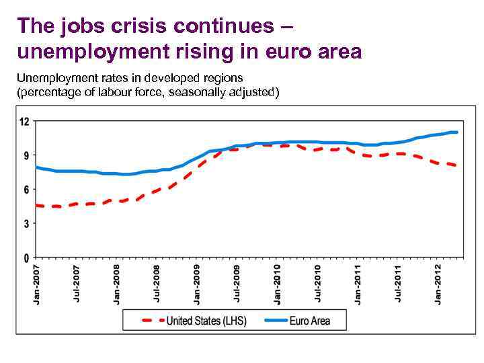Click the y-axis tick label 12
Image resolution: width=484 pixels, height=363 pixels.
coord(25,122)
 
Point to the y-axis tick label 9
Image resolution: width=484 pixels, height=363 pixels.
coord(26,155)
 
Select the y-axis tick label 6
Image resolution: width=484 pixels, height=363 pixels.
coord(26,190)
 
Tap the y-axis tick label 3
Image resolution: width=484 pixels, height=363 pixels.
coord(26,224)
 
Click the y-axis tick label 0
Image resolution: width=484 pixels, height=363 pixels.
coord(26,258)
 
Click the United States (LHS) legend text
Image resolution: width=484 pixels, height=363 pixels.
coord(206,320)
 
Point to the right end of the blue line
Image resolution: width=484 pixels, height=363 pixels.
coord(457,132)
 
